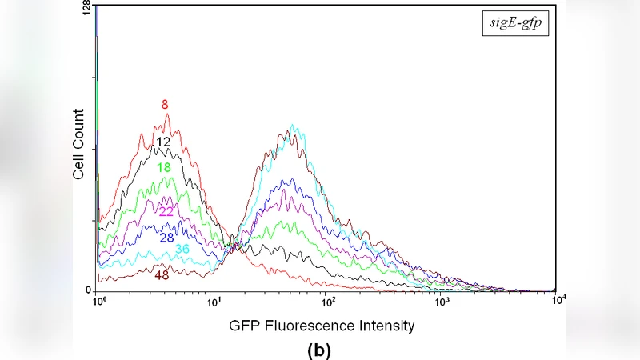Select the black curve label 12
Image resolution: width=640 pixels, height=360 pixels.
point(164,142)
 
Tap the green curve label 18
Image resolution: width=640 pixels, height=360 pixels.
point(164,167)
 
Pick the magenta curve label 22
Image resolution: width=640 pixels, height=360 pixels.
point(166,211)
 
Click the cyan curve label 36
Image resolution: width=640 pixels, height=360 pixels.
point(182,249)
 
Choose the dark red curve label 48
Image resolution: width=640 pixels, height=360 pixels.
point(162,275)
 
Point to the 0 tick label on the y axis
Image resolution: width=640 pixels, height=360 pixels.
point(90,290)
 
